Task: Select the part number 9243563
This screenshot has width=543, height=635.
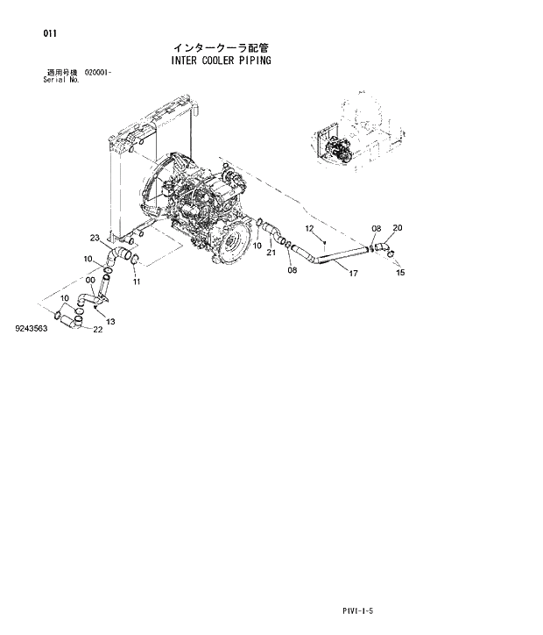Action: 31,329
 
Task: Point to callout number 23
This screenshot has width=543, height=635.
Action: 95,238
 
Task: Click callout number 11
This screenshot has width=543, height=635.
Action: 136,282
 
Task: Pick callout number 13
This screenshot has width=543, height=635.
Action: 111,322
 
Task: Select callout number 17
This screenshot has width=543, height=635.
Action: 354,274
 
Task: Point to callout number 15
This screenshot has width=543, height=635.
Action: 400,272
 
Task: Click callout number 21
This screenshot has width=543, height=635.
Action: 271,253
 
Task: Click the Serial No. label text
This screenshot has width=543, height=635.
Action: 61,80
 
